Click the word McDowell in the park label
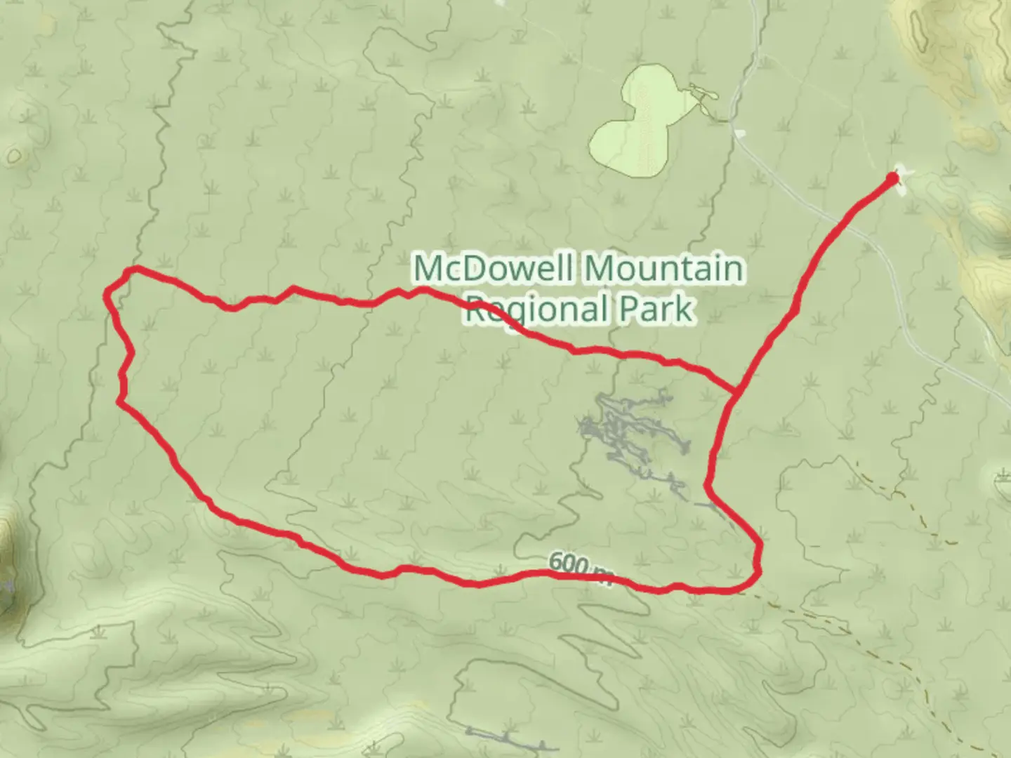tap(495, 268)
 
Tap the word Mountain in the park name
tap(663, 268)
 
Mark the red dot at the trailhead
tap(892, 179)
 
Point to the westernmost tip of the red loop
tap(107, 293)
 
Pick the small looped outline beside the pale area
tap(702, 92)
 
